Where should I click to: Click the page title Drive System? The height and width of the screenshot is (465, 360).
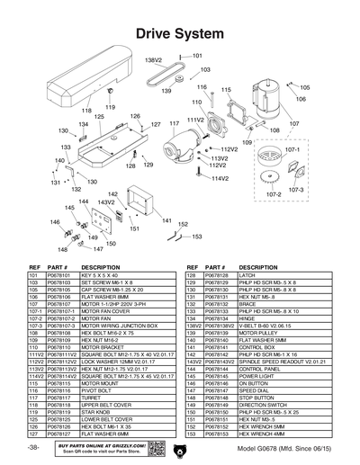(x=179, y=34)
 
